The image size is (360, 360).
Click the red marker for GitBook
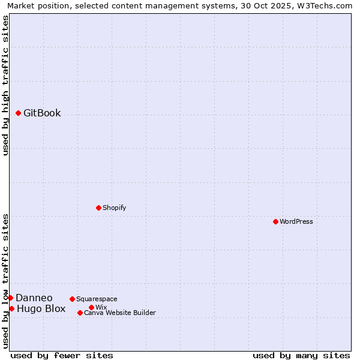tap(18, 113)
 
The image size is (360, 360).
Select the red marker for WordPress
tap(275, 221)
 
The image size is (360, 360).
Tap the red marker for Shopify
tap(98, 208)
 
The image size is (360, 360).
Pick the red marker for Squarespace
tap(72, 299)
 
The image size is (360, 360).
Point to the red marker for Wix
tap(91, 307)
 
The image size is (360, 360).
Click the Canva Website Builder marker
tap(80, 313)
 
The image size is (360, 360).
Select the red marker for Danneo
tap(10, 298)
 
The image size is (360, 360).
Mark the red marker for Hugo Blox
tap(11, 308)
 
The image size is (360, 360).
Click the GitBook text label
tap(42, 113)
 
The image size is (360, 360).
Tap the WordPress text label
tap(296, 221)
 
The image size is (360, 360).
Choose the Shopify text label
tap(114, 208)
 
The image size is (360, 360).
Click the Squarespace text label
tap(97, 299)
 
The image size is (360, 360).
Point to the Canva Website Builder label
tap(120, 313)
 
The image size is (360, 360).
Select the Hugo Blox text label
tap(41, 309)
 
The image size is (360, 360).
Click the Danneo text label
tap(34, 298)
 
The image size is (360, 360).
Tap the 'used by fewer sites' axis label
tap(62, 355)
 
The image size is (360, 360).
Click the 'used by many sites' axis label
tap(301, 355)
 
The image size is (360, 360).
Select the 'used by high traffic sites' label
tap(5, 85)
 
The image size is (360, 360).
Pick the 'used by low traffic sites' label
tap(5, 281)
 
